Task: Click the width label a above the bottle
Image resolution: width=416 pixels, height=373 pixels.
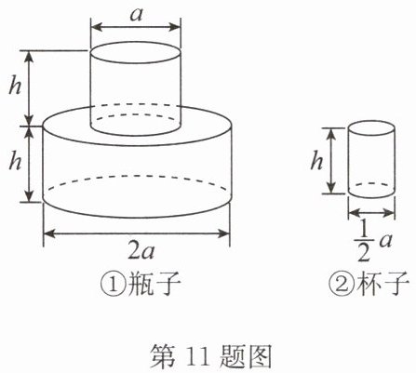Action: point(136,14)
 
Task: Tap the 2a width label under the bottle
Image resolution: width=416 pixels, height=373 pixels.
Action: point(141,252)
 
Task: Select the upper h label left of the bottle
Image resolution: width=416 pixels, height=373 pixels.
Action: point(15,86)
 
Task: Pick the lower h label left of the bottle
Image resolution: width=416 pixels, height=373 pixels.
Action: point(15,161)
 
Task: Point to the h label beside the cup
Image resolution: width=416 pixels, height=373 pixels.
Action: point(316,161)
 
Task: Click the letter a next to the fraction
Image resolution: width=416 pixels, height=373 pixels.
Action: point(384,241)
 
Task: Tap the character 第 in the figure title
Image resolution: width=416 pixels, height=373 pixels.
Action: point(163,357)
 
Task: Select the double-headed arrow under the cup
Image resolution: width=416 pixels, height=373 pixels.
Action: point(371,213)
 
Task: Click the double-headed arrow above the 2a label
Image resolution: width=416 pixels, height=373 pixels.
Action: point(136,233)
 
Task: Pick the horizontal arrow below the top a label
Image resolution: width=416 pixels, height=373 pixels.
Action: point(136,27)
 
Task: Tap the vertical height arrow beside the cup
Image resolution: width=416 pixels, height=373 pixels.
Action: point(331,161)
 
